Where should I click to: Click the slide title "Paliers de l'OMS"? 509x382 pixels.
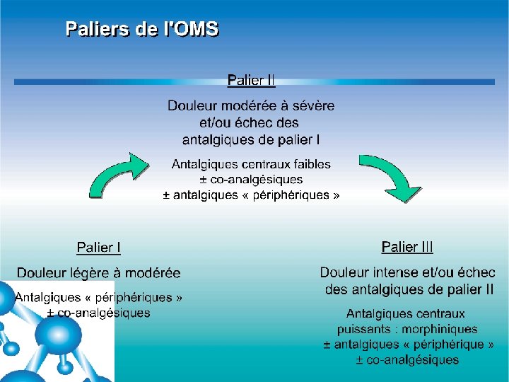[142, 30]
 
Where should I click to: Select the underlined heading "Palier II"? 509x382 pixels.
[250, 79]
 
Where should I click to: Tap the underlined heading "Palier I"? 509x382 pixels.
[98, 248]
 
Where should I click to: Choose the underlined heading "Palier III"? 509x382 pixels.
[407, 247]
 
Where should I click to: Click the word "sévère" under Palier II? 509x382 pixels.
[311, 106]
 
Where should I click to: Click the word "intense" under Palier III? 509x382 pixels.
[391, 273]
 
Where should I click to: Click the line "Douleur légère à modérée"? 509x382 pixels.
[98, 273]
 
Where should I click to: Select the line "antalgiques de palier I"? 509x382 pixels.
[251, 139]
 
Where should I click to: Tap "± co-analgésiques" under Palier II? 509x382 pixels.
[251, 180]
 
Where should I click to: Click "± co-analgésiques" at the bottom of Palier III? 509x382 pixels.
[406, 360]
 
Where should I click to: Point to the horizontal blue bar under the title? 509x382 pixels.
[255, 82]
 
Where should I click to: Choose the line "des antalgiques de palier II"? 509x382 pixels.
[409, 289]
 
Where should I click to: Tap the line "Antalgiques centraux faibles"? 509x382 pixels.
[251, 164]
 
